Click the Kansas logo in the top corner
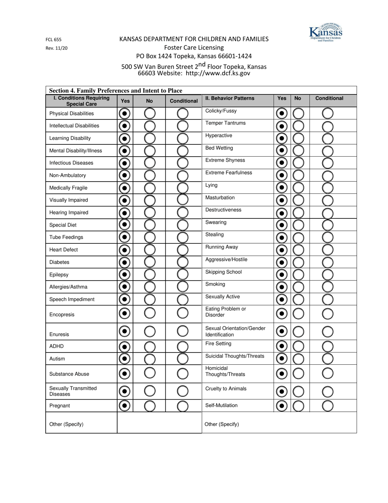tap(326, 33)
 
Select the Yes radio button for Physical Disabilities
tap(125, 113)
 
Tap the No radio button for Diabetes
tap(149, 262)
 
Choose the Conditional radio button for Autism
tap(182, 359)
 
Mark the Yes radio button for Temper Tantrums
tap(281, 126)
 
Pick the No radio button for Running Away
tap(299, 250)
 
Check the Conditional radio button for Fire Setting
tap(328, 346)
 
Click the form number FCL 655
tap(54, 40)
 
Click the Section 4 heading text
tap(116, 90)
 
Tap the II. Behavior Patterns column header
tap(230, 98)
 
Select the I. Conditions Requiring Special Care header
tap(81, 101)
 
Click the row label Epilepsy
tap(59, 275)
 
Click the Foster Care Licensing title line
tap(194, 47)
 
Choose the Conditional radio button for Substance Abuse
tap(182, 374)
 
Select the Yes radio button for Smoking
tap(281, 287)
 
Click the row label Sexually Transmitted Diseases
tap(73, 391)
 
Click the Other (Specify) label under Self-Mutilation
tap(221, 424)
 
